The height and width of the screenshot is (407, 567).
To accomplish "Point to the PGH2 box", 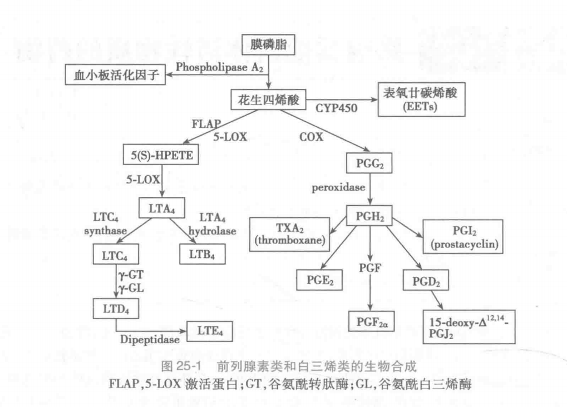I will pyautogui.click(x=369, y=214).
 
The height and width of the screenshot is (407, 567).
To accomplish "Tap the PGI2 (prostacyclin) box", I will pyautogui.click(x=463, y=235).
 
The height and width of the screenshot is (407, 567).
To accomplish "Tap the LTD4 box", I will pyautogui.click(x=116, y=307).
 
